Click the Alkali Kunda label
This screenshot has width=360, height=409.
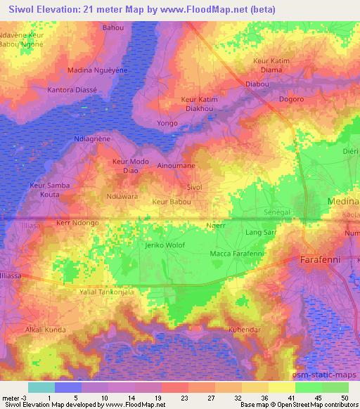click(46, 329)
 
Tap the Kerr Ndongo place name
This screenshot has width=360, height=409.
click(77, 222)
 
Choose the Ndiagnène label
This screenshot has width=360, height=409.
click(92, 139)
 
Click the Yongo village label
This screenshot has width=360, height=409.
click(167, 123)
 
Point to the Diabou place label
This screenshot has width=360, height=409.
click(257, 84)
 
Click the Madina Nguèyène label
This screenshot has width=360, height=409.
click(96, 70)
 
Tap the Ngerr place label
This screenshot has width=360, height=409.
click(215, 226)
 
